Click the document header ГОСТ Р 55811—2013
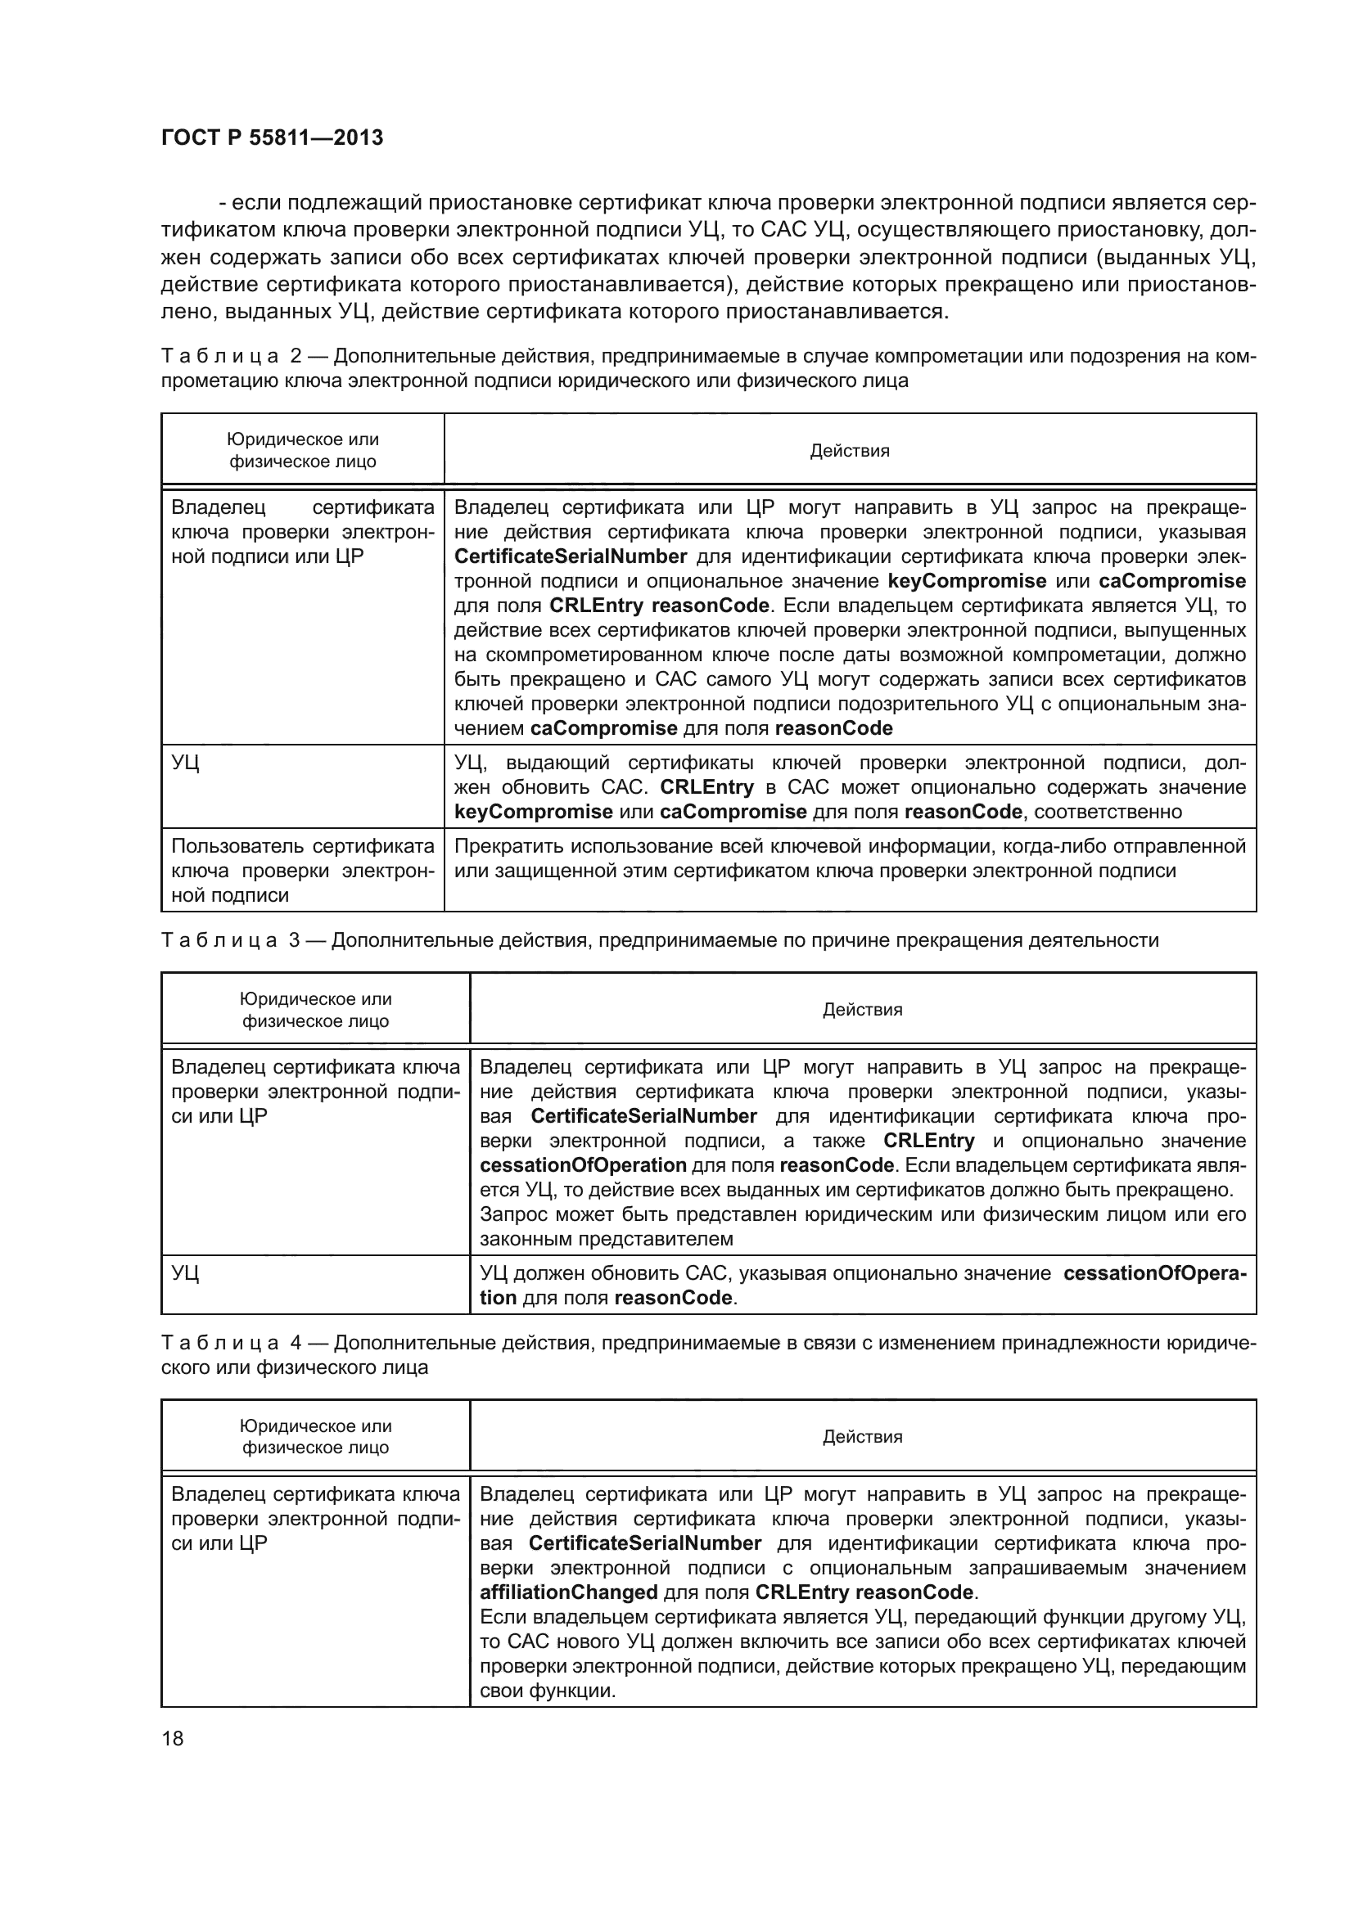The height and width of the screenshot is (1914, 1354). pyautogui.click(x=272, y=138)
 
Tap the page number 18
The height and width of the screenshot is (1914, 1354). pyautogui.click(x=173, y=1738)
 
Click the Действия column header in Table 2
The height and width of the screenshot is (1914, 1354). pyautogui.click(x=850, y=451)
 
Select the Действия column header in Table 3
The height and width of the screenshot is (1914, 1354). pyautogui.click(x=862, y=1010)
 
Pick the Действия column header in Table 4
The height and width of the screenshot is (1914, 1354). pyautogui.click(x=862, y=1436)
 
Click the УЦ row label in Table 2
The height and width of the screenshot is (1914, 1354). pyautogui.click(x=185, y=763)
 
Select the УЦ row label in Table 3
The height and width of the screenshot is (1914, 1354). pyautogui.click(x=185, y=1273)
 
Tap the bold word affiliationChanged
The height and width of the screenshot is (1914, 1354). pyautogui.click(x=570, y=1592)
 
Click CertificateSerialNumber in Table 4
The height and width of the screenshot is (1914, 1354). pyautogui.click(x=644, y=1543)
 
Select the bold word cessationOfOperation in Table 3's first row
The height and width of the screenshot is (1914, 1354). pyautogui.click(x=584, y=1164)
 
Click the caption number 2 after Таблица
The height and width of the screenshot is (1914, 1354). pyautogui.click(x=296, y=357)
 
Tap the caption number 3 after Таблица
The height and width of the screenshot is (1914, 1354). pyautogui.click(x=295, y=940)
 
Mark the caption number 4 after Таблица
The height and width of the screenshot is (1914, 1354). pyautogui.click(x=296, y=1343)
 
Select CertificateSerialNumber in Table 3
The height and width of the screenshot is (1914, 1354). pyautogui.click(x=643, y=1116)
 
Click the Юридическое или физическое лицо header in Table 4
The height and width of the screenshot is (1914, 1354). pyautogui.click(x=315, y=1436)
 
